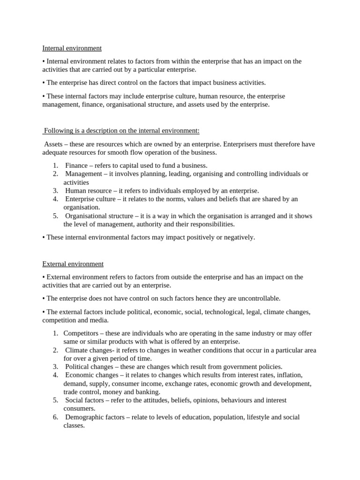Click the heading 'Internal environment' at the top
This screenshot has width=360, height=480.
[72, 48]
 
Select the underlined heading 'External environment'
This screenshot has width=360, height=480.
[73, 264]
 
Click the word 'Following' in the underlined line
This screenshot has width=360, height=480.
[58, 131]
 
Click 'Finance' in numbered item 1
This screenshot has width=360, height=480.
[76, 165]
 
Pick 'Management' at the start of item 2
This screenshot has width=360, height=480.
[84, 174]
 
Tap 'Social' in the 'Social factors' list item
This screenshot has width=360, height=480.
[75, 400]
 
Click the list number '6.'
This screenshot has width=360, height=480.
[55, 417]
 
